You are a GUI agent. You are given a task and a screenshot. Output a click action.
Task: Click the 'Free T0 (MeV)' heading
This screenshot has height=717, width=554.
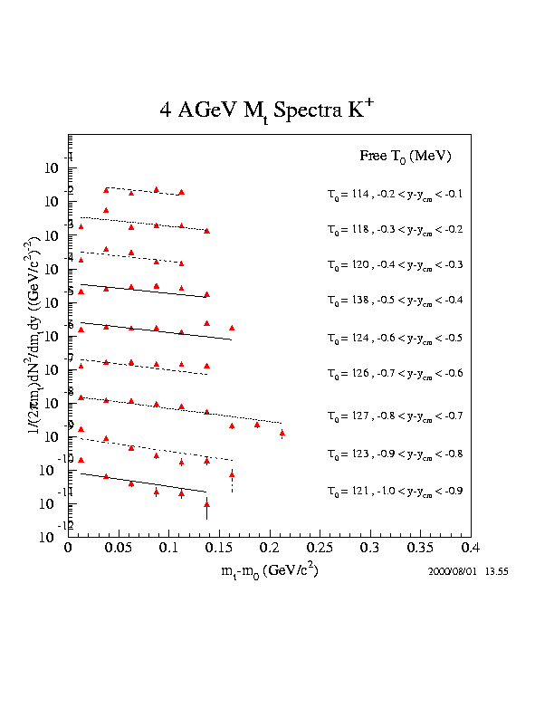coord(405,157)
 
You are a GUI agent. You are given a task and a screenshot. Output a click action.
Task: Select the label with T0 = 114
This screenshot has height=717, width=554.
coord(395,194)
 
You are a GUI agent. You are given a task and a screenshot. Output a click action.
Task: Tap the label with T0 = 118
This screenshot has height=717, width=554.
coord(395,229)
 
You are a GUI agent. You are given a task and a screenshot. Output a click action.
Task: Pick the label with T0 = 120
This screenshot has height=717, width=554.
coord(395,264)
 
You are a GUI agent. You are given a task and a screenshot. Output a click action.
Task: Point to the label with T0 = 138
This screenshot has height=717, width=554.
coord(395,300)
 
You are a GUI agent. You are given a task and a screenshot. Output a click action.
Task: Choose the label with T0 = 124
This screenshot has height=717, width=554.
coord(395,338)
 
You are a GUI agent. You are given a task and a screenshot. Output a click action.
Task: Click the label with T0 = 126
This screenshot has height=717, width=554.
coord(395,373)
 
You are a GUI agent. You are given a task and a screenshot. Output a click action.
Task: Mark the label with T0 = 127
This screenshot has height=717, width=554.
coord(395,416)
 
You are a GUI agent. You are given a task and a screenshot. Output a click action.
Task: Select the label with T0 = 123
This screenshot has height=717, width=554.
coord(395,453)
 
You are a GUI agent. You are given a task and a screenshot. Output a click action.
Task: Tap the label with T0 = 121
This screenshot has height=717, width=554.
coord(395,491)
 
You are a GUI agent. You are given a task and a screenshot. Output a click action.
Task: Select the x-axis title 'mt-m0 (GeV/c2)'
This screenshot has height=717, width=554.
coord(269,572)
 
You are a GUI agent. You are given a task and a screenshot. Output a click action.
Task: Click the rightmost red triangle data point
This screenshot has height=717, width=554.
coord(282,433)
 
